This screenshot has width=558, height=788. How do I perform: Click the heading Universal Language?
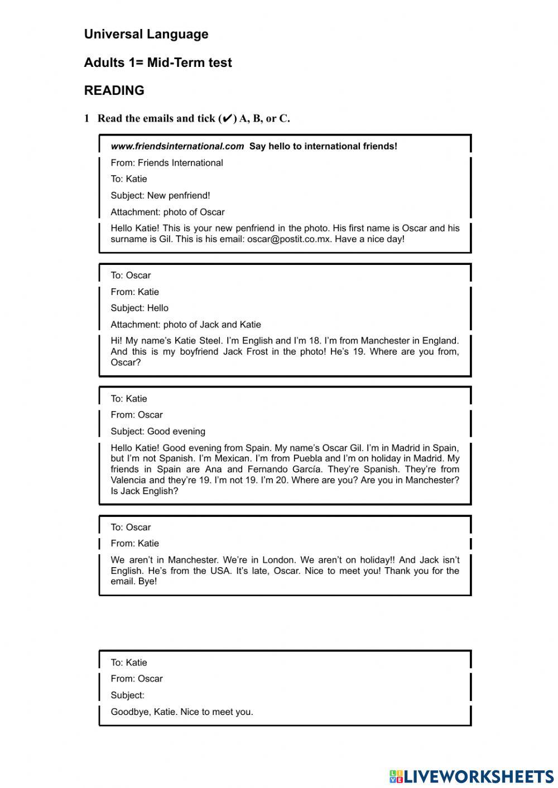tap(146, 34)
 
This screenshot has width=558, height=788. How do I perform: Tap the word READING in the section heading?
tap(114, 90)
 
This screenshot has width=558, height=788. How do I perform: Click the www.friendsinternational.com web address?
tap(177, 146)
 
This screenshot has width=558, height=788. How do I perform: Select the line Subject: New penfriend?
tap(160, 196)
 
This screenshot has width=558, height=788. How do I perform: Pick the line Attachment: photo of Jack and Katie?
tap(185, 325)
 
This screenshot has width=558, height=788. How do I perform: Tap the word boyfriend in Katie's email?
tap(199, 352)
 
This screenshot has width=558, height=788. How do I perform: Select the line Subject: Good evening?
tap(158, 432)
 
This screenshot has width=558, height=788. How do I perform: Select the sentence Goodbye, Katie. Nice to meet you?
tap(182, 712)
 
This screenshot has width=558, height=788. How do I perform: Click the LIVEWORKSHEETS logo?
tap(472, 776)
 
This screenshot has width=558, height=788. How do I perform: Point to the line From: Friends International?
tap(166, 163)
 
